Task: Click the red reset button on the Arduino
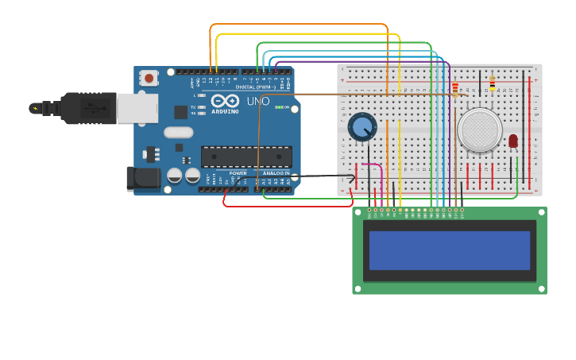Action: point(148,78)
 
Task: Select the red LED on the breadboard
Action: point(512,141)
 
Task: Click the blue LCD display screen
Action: point(449,250)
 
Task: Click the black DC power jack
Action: point(143,179)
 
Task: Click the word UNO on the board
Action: point(257,102)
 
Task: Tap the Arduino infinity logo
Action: point(225,101)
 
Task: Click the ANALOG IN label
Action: point(276,172)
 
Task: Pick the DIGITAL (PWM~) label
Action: point(255,87)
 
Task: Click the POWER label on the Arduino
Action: point(238,172)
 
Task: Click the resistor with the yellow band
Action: point(492,83)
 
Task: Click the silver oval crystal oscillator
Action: point(179,133)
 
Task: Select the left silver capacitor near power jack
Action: point(175,176)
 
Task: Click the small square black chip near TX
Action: point(179,147)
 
